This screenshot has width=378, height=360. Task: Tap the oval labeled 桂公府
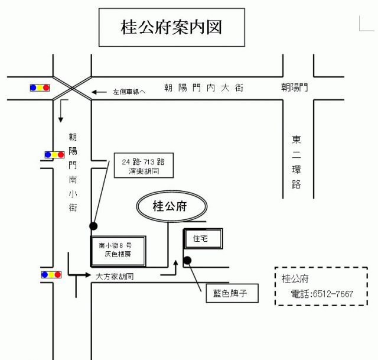click(x=172, y=206)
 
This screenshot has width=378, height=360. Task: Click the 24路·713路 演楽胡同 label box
click(x=143, y=166)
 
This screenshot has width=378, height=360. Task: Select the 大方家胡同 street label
click(x=115, y=276)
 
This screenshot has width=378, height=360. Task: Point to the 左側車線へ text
click(x=129, y=92)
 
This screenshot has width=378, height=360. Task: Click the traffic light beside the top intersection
click(x=40, y=87)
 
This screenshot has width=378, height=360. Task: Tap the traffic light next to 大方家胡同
click(x=51, y=275)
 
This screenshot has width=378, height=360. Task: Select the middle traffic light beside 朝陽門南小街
click(x=54, y=155)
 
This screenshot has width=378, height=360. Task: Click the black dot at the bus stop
click(x=93, y=226)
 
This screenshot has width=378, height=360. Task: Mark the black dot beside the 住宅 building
click(x=188, y=260)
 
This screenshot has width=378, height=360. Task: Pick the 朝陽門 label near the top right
click(x=295, y=88)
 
